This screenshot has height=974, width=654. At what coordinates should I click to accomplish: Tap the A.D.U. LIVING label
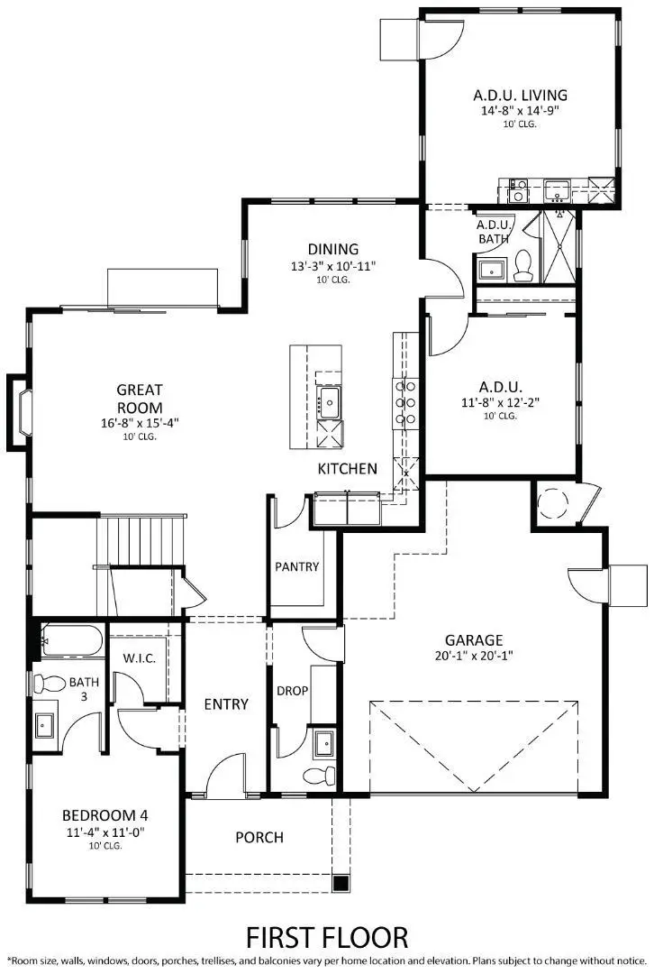520,95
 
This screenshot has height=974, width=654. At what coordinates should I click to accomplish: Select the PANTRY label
297,567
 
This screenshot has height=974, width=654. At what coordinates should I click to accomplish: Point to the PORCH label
259,837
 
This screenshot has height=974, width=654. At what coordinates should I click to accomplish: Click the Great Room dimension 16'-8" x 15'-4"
140,421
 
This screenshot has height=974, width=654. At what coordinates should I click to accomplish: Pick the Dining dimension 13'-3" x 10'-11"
332,266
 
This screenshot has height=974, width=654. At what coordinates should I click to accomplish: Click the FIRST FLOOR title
327,936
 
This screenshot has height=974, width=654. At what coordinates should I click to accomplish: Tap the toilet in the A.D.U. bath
524,265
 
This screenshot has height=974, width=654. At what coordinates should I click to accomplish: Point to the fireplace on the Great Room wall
18,412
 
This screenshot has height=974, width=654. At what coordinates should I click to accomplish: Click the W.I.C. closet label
140,658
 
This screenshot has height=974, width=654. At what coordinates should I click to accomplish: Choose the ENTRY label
225,703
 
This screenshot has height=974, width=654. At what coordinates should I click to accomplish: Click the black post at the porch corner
341,883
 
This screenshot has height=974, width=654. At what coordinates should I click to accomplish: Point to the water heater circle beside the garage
550,501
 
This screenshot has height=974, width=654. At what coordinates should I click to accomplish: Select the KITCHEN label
347,469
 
